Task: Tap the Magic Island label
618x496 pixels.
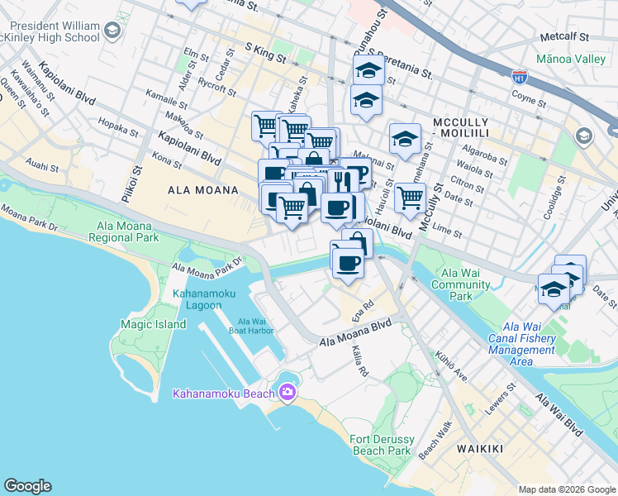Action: [153, 324]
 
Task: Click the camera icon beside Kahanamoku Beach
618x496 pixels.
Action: [287, 393]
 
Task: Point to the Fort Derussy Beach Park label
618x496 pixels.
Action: [381, 445]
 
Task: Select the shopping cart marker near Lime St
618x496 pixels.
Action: [410, 198]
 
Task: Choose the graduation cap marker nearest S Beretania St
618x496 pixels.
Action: [368, 70]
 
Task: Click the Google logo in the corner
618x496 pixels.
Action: [27, 486]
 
